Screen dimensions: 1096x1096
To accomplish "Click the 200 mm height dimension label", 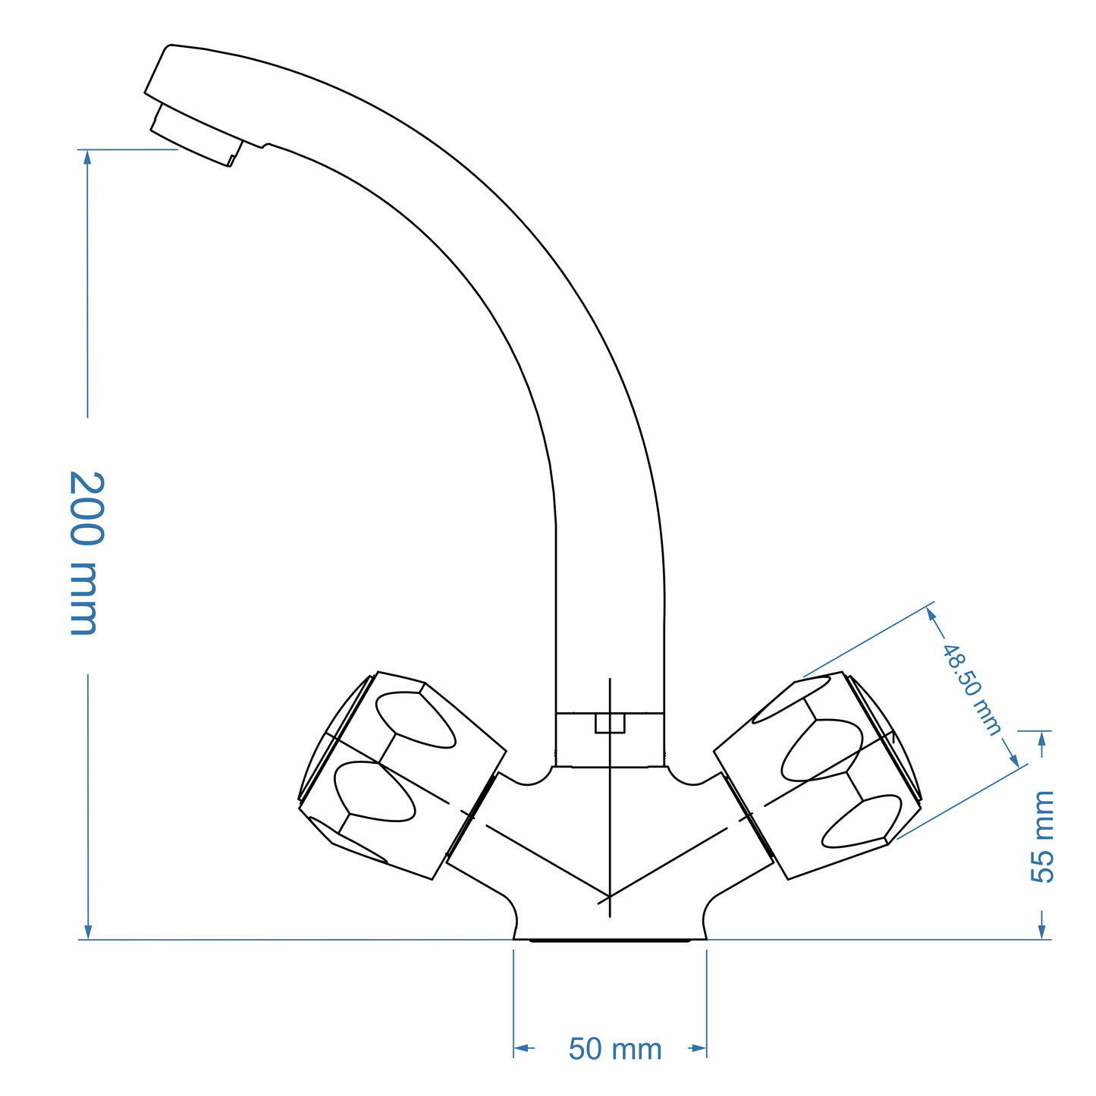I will click(x=86, y=553).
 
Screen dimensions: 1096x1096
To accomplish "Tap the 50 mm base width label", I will click(x=615, y=1050).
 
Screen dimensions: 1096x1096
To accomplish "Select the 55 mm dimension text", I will click(x=1044, y=836).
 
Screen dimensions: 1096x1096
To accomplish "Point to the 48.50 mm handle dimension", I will click(x=972, y=689).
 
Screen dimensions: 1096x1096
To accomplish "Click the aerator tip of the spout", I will click(x=195, y=136).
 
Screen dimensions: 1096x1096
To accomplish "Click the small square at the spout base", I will click(x=610, y=723).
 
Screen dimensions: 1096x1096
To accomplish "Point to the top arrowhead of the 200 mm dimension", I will click(x=88, y=157).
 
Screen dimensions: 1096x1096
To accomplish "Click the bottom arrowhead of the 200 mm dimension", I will click(x=88, y=932).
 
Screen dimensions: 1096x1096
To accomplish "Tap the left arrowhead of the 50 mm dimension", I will click(x=521, y=1048).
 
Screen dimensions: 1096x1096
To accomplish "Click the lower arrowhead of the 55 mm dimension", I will click(x=1043, y=931).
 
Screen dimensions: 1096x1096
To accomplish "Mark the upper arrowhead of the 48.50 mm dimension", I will click(x=932, y=614).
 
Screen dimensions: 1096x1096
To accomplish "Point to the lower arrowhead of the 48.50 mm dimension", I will click(x=1014, y=760).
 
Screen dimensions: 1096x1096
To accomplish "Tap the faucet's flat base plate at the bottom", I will click(x=610, y=939).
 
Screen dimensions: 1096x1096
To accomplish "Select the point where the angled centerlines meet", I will click(x=610, y=897).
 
